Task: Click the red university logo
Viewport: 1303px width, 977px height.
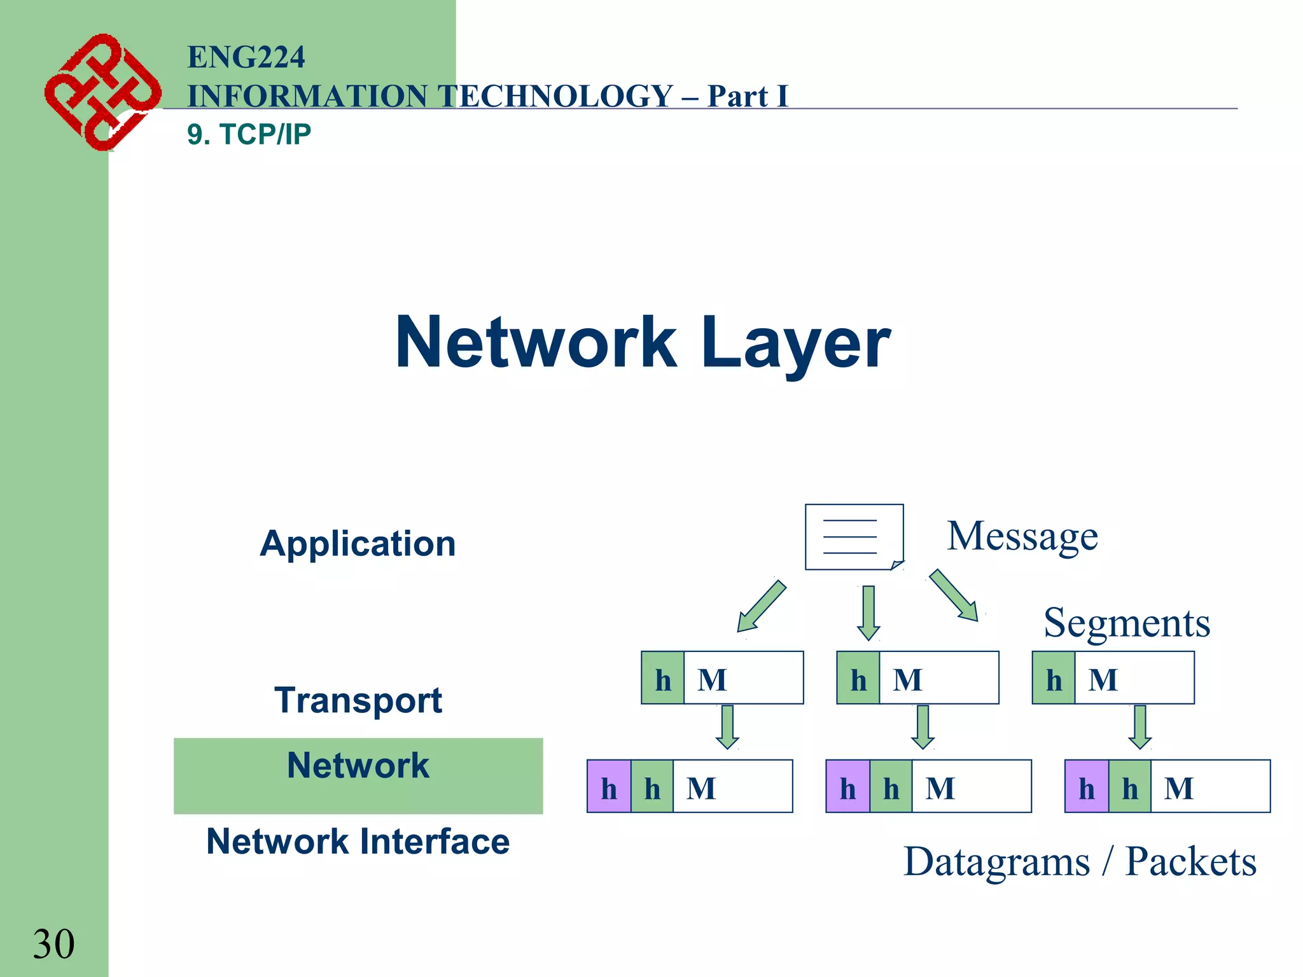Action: (x=102, y=92)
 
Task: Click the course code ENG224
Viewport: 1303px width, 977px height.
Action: (x=246, y=57)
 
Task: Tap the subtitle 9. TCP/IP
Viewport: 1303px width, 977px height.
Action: (x=249, y=134)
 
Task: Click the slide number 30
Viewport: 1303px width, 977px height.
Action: (x=53, y=944)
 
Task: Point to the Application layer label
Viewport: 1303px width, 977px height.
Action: (x=358, y=544)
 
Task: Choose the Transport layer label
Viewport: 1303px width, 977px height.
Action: (x=358, y=700)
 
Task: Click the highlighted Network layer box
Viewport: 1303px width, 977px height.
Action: (x=358, y=775)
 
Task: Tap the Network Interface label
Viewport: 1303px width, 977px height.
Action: (x=358, y=842)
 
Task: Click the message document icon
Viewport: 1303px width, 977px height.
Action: (x=854, y=537)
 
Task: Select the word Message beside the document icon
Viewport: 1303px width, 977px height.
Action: (x=1022, y=536)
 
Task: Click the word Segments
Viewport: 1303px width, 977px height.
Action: (x=1126, y=623)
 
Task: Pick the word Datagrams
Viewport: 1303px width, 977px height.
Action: (x=996, y=862)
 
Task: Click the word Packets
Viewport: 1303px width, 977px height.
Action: (x=1190, y=862)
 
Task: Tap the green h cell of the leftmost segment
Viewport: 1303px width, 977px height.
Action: (x=662, y=678)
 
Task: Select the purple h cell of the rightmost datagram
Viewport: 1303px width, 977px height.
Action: (x=1086, y=787)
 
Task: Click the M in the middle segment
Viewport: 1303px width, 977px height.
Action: (x=907, y=679)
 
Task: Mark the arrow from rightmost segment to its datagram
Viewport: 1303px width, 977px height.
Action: (x=1139, y=727)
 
